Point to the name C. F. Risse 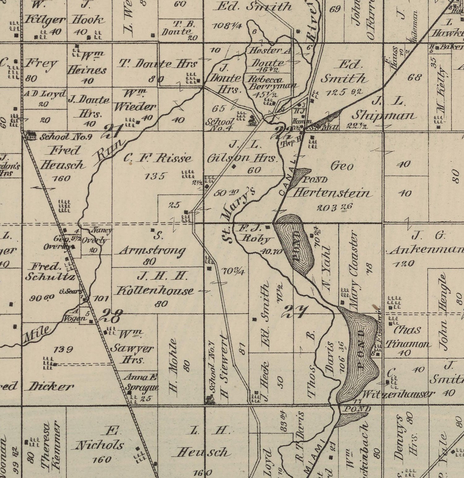(x=157, y=159)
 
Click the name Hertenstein (x=331, y=193)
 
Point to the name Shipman (x=384, y=116)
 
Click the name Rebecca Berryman (x=272, y=82)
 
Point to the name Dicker (x=51, y=386)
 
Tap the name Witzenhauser (x=398, y=394)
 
